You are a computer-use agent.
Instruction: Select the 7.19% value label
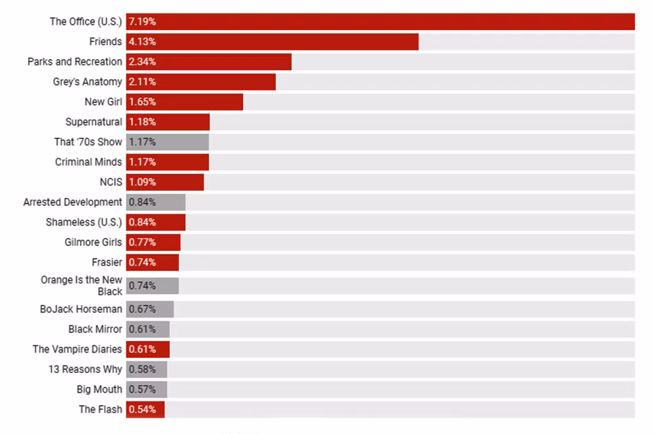pyautogui.click(x=142, y=22)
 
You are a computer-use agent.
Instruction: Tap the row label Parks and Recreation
pyautogui.click(x=75, y=62)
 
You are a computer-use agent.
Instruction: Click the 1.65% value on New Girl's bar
pyautogui.click(x=142, y=102)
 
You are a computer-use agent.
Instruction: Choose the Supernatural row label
pyautogui.click(x=94, y=122)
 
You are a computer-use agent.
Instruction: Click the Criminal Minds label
pyautogui.click(x=88, y=162)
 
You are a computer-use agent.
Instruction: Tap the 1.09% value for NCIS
pyautogui.click(x=142, y=182)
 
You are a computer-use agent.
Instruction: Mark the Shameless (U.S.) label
pyautogui.click(x=84, y=222)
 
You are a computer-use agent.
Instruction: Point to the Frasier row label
pyautogui.click(x=107, y=262)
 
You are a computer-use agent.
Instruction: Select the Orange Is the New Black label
pyautogui.click(x=82, y=285)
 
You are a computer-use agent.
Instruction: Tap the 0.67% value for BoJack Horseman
pyautogui.click(x=142, y=309)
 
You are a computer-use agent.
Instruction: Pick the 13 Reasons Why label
pyautogui.click(x=85, y=369)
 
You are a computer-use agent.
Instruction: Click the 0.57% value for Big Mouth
pyautogui.click(x=142, y=389)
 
